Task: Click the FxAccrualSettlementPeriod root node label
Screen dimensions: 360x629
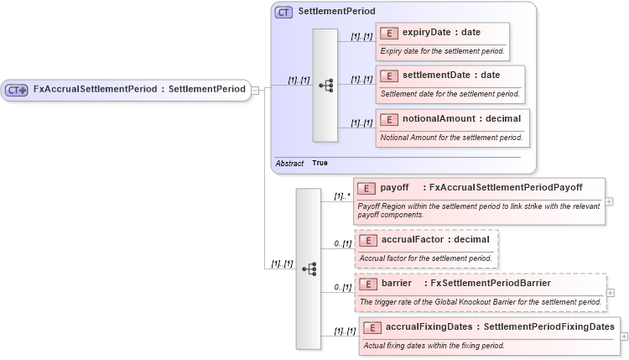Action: click(x=139, y=90)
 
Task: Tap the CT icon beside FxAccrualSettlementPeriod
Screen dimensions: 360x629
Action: click(x=18, y=90)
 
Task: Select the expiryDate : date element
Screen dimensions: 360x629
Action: click(x=441, y=33)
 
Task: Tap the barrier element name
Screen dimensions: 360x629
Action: click(x=397, y=283)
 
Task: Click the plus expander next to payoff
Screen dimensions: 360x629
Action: click(x=609, y=201)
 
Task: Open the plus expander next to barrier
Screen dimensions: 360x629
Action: click(x=609, y=293)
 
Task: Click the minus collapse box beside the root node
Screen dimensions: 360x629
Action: click(x=255, y=90)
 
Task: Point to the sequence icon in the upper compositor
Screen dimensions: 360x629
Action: click(x=325, y=85)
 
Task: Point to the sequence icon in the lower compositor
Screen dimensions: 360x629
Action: click(x=308, y=269)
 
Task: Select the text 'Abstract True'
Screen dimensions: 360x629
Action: click(x=301, y=163)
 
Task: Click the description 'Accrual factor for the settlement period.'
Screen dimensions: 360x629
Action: click(x=425, y=258)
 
